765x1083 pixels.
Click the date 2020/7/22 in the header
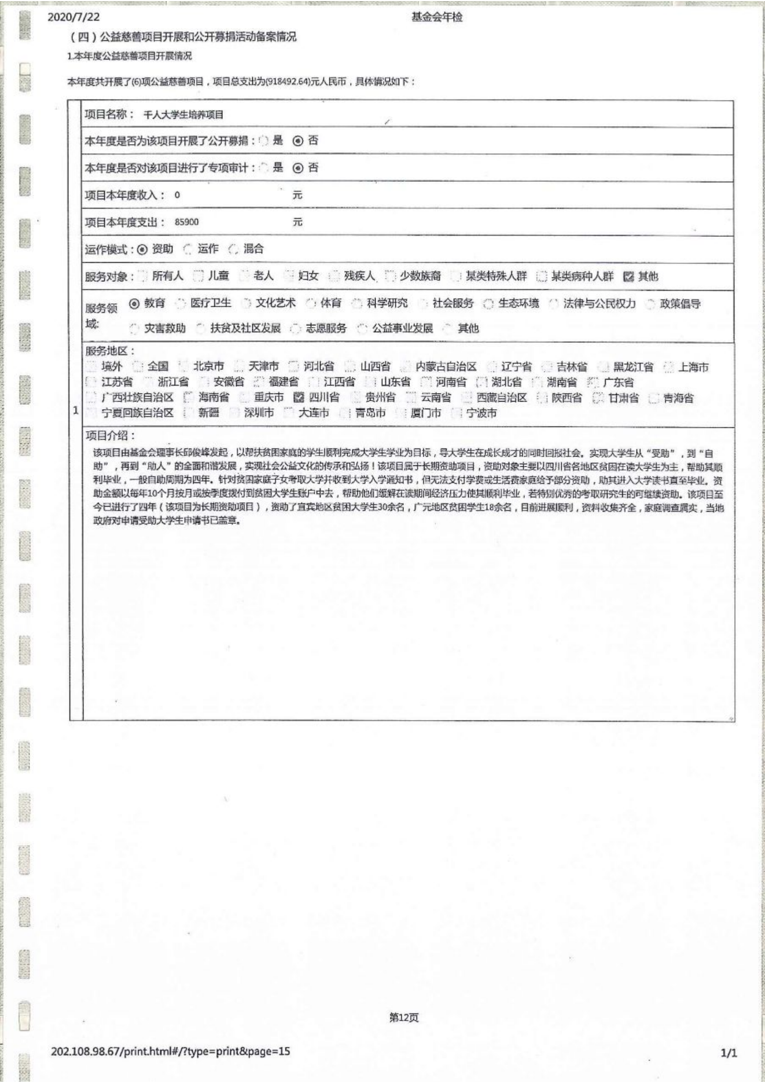73,17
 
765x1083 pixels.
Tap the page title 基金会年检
437,17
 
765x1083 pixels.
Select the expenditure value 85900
186,222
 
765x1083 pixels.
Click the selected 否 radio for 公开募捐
298,141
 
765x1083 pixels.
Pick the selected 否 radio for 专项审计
298,168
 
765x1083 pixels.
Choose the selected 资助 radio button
142,249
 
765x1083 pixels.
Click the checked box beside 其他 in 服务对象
629,277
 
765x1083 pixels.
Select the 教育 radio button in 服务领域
135,303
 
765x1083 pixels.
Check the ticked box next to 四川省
299,398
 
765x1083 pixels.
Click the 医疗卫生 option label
211,303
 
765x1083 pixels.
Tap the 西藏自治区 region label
502,398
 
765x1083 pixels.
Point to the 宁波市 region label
481,413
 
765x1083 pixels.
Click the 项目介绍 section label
110,436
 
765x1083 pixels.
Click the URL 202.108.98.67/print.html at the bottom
170,1051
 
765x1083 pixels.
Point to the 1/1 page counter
729,1053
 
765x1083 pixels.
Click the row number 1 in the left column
76,410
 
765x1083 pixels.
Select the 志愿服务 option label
326,329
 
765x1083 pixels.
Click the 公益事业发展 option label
402,329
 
